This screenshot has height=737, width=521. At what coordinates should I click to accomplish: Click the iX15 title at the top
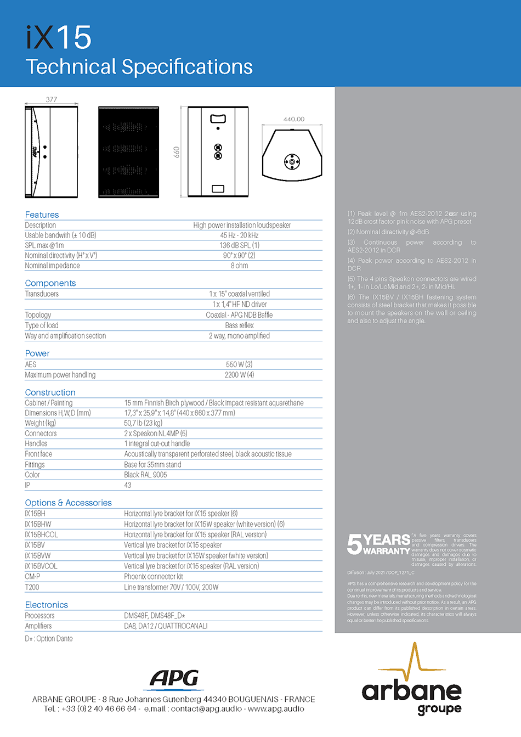[59, 37]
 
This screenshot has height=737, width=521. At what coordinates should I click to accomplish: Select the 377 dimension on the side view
[52, 99]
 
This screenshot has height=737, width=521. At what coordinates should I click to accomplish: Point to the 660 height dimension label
[177, 152]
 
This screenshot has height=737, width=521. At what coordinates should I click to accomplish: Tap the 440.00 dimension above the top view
[293, 119]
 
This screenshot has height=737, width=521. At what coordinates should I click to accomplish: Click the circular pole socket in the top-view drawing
[292, 161]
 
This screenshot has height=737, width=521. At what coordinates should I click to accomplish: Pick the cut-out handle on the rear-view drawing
[218, 118]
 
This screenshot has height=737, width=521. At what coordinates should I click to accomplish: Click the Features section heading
[42, 215]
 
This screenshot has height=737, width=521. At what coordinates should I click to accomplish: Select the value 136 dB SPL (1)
[240, 245]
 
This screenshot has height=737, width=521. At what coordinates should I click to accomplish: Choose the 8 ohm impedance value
[240, 266]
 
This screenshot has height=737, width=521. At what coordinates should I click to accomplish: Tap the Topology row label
[38, 315]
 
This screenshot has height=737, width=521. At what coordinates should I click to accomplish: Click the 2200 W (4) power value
[240, 375]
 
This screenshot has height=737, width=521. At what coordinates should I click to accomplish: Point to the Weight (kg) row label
[41, 423]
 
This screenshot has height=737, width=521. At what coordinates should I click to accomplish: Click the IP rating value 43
[128, 485]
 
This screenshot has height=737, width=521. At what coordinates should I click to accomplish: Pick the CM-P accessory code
[32, 577]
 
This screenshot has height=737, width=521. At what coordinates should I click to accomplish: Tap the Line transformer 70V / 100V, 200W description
[171, 587]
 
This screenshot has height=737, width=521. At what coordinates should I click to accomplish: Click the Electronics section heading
[47, 605]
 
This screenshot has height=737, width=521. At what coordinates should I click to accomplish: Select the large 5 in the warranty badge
[354, 544]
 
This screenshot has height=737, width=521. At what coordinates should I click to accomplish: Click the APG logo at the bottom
[174, 679]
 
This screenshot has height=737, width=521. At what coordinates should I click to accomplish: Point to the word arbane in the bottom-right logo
[411, 690]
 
